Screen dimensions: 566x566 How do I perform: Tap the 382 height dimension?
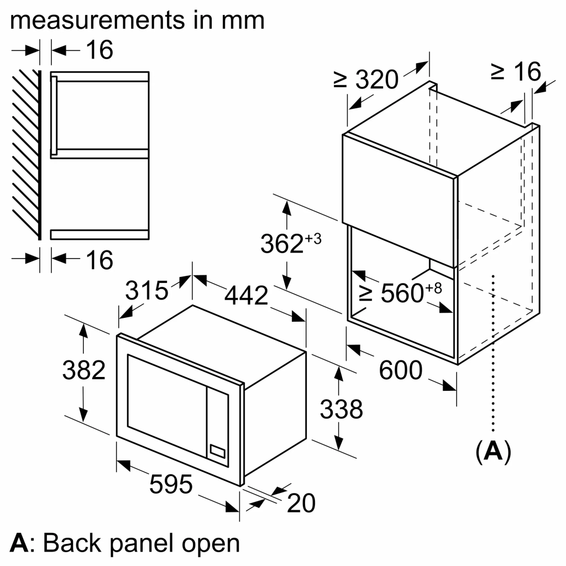[83, 370]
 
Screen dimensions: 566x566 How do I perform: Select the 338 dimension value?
[342, 410]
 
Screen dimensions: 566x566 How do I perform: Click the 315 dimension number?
[146, 290]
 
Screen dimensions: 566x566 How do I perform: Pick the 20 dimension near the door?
[301, 503]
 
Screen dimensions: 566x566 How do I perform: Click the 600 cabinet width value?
[401, 370]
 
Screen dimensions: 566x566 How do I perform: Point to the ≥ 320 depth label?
[366, 80]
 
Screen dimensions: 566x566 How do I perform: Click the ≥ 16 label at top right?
[515, 71]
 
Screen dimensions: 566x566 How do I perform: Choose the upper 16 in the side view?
[99, 50]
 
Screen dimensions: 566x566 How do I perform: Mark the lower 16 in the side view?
[99, 260]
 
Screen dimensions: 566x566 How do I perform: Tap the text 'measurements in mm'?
[137, 20]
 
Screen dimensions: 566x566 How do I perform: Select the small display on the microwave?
[217, 451]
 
